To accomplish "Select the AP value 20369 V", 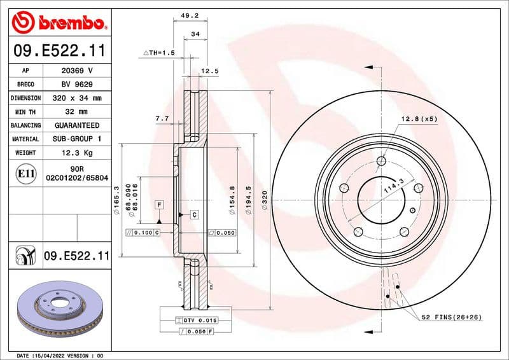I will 76,71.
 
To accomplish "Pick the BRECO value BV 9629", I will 76,84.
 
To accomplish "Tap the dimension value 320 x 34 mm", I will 76,98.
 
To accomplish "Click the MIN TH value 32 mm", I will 76,112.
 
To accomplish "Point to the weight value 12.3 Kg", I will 76,153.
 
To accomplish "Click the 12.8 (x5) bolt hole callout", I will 419,119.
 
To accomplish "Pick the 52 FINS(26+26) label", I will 451,317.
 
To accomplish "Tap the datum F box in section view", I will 158,204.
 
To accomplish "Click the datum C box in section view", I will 193,215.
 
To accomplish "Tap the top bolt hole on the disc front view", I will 381,161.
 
